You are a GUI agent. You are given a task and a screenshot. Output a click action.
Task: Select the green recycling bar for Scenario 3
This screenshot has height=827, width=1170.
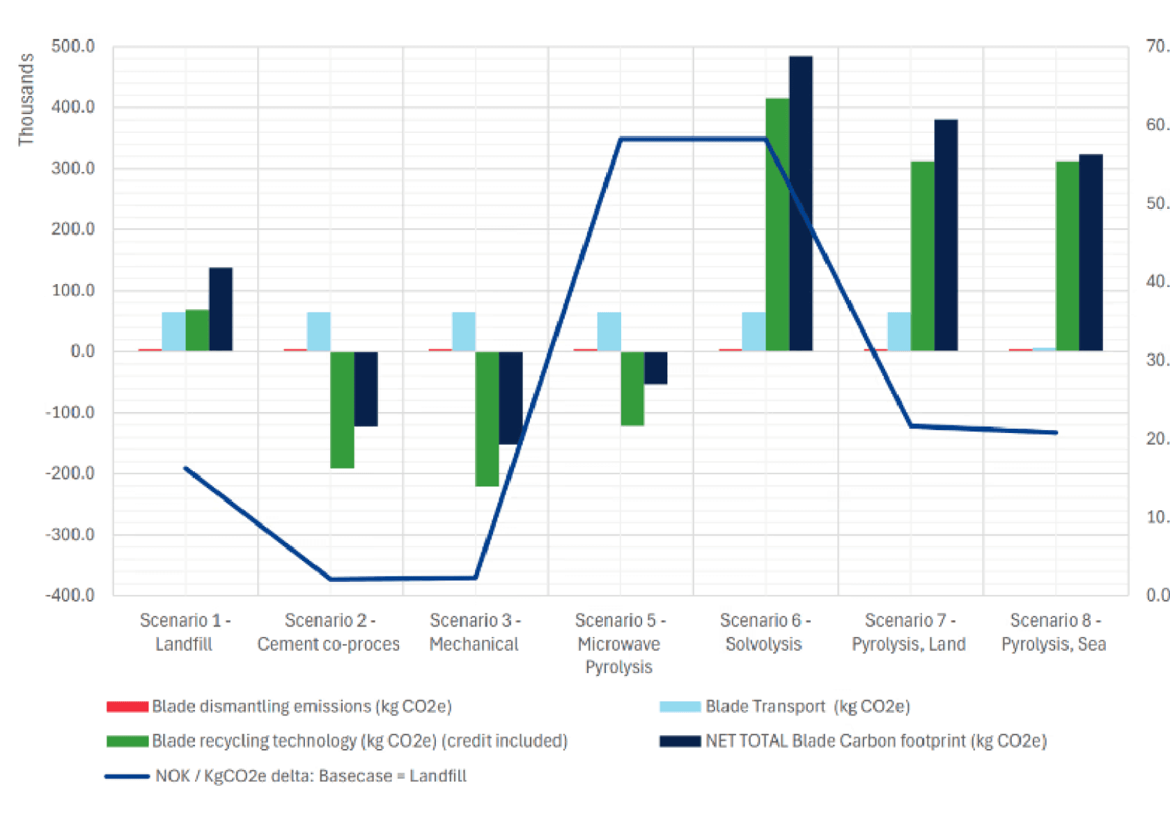(x=487, y=418)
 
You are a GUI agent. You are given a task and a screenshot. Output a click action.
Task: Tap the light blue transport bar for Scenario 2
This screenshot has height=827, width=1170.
(x=318, y=331)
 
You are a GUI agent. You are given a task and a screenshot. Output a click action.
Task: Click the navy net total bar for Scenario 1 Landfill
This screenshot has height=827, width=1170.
(x=221, y=309)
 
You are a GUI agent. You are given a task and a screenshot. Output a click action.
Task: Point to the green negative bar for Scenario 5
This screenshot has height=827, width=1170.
(x=632, y=388)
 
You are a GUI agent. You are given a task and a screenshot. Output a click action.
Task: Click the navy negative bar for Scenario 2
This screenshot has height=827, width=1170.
(x=366, y=388)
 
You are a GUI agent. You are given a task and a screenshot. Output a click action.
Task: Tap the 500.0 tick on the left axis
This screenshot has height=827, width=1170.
(x=72, y=47)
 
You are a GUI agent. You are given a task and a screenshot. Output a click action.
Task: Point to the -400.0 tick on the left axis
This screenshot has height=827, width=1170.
(x=70, y=595)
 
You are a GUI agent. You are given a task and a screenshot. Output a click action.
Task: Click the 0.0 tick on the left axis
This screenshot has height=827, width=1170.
(x=81, y=352)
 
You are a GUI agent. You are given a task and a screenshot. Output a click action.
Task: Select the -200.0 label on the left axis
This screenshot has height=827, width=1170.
(x=70, y=473)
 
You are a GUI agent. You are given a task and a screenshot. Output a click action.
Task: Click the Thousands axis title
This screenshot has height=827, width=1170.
(x=26, y=100)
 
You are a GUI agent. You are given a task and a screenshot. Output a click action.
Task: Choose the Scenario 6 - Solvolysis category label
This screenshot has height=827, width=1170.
(x=765, y=632)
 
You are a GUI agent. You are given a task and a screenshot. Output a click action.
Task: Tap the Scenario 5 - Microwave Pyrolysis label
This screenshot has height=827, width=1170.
(x=620, y=643)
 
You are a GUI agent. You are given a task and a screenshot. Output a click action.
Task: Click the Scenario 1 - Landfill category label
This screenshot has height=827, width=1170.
(x=185, y=632)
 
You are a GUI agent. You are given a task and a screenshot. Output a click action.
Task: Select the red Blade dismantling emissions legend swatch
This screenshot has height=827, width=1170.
(x=127, y=707)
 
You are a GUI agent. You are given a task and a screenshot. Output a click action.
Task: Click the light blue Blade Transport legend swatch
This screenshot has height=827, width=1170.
(x=680, y=707)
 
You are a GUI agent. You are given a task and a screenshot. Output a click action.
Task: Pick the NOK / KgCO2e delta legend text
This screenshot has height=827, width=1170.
(x=311, y=776)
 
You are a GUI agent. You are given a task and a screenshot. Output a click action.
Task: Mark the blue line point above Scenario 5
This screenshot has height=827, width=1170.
(x=621, y=139)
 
